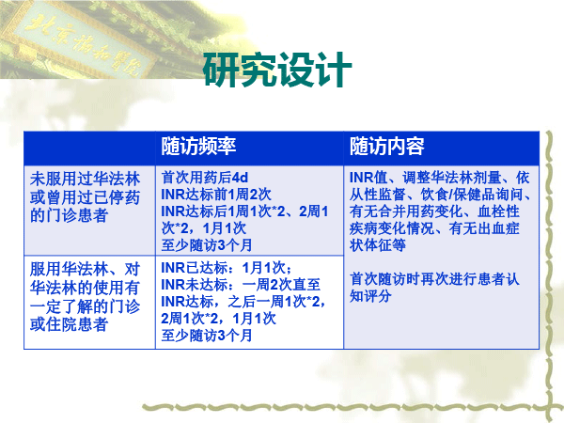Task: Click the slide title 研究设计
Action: point(277,70)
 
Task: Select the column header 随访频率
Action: point(198,147)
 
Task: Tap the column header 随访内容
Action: point(387,147)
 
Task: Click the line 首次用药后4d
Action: point(205,178)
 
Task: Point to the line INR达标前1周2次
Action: point(216,195)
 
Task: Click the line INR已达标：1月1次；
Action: point(227,268)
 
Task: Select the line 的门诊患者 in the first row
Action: point(69,215)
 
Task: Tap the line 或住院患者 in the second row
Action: point(69,324)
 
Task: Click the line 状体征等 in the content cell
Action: point(377,245)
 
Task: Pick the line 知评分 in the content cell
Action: point(370,296)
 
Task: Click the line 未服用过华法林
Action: point(85,179)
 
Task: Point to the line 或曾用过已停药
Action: point(85,197)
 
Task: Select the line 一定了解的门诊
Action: point(85,306)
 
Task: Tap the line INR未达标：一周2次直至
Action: point(241,285)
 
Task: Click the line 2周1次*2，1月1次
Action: point(218,319)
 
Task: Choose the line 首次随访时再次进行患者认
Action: point(434,279)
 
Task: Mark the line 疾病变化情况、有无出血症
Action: point(434,228)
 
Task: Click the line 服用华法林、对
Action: point(85,270)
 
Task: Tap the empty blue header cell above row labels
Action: point(89,149)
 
